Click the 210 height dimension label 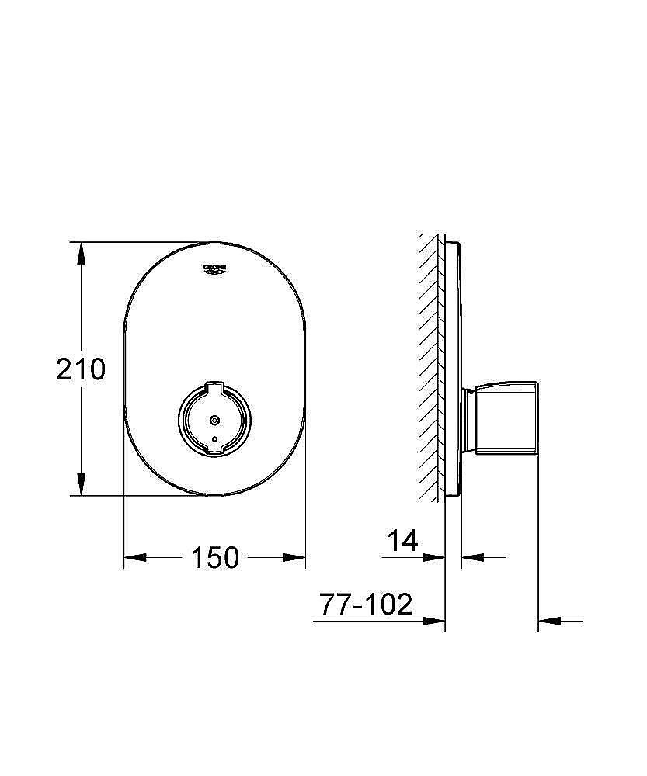(x=80, y=369)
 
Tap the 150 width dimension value (x=215, y=557)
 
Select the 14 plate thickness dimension (x=403, y=541)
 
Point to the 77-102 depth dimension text (x=366, y=605)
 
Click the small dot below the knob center (x=215, y=440)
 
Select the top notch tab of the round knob (x=215, y=385)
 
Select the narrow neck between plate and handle (x=468, y=419)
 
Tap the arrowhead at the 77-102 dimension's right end (x=548, y=621)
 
